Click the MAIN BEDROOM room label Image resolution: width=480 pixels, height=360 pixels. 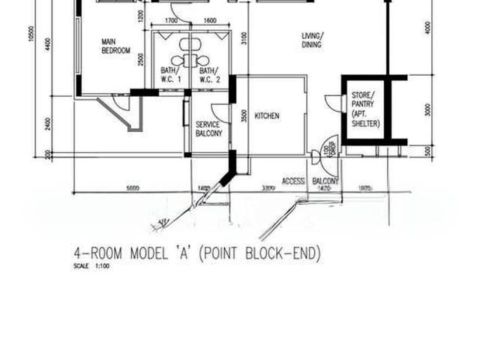116,46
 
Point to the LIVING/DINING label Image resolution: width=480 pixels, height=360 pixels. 312,40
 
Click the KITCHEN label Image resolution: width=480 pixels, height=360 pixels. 267,116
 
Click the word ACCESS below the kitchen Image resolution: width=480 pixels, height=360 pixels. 293,181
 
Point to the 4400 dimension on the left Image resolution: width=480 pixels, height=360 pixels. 47,44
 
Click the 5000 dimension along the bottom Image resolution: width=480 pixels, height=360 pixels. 133,187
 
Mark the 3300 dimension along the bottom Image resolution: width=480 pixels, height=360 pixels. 268,187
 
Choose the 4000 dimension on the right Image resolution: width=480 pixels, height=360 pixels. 428,27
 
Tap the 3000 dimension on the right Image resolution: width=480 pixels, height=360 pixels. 428,109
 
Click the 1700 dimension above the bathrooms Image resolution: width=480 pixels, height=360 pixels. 170,21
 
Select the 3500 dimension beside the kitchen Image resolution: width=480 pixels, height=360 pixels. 244,116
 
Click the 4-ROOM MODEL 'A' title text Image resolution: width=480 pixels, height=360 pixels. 196,253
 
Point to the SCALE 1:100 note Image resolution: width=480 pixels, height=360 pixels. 91,266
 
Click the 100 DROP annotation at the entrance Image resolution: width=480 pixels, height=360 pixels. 325,150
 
